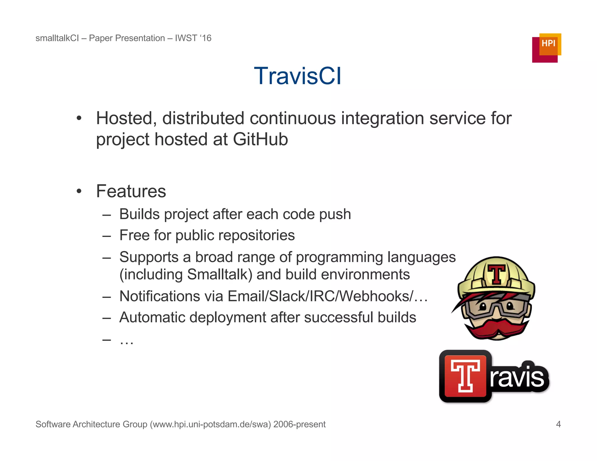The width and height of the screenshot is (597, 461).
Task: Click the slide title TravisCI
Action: [x=297, y=76]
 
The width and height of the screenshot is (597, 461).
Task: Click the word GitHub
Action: [x=260, y=139]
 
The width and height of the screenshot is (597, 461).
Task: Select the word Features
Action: [x=131, y=191]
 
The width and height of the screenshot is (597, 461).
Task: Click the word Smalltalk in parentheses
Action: [x=219, y=275]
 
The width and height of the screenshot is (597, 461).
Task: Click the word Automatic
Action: [x=152, y=317]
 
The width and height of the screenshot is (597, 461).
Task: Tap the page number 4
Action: [x=558, y=424]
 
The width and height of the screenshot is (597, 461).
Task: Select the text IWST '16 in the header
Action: [x=193, y=38]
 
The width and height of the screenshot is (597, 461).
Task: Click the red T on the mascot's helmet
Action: [x=496, y=274]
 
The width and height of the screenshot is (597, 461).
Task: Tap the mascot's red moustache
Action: [x=497, y=328]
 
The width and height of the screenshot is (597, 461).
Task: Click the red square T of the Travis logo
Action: [x=466, y=376]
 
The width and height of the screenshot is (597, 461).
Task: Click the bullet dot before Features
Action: [x=79, y=192]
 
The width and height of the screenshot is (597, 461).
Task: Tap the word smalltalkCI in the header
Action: [x=57, y=38]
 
